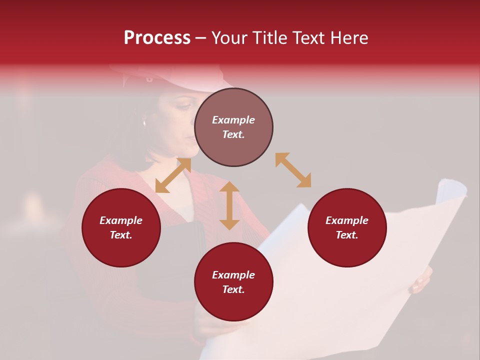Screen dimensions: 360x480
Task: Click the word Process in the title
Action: [157, 38]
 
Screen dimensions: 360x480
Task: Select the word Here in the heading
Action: [349, 38]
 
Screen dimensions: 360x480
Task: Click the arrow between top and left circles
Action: [173, 175]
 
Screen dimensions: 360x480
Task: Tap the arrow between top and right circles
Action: [293, 170]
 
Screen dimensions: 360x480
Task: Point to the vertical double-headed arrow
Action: [229, 205]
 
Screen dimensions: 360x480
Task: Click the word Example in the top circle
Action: [233, 120]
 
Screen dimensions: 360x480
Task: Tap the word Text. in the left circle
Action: [121, 235]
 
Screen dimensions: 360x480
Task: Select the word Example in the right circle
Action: [347, 220]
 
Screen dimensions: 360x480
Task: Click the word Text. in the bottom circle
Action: [233, 289]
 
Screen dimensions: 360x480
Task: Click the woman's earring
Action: [144, 122]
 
